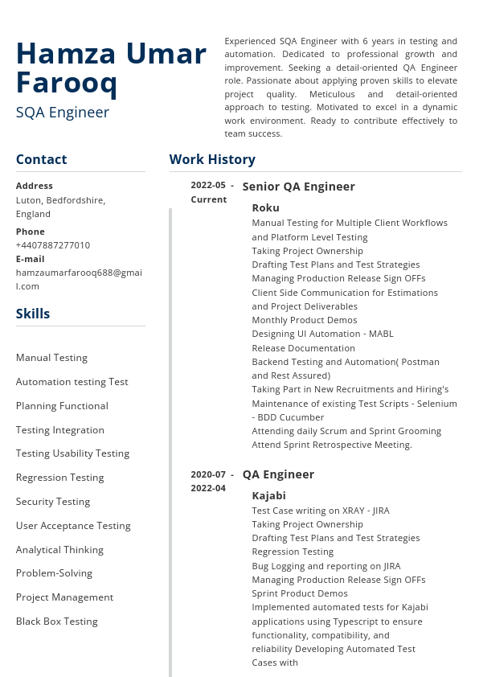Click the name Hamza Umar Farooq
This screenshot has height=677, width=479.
(111, 68)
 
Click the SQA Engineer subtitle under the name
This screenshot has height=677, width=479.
(63, 113)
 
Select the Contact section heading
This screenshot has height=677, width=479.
(41, 159)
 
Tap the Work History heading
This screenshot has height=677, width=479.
(212, 159)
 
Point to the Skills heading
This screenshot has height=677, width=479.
(33, 314)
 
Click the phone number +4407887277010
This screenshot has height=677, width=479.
(53, 245)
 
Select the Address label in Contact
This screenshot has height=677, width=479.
(35, 186)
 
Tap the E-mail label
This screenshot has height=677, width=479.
(31, 259)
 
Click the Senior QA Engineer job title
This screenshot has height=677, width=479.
(298, 187)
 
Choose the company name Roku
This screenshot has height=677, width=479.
(265, 207)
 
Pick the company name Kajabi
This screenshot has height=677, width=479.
(268, 495)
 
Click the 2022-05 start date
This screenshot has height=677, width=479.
(208, 185)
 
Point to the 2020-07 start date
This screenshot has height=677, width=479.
(208, 474)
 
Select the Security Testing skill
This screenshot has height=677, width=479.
(53, 502)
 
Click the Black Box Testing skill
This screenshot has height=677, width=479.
(57, 622)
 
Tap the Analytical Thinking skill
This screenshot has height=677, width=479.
(59, 550)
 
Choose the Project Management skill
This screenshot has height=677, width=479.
(64, 597)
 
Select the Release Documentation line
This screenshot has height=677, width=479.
(303, 348)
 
